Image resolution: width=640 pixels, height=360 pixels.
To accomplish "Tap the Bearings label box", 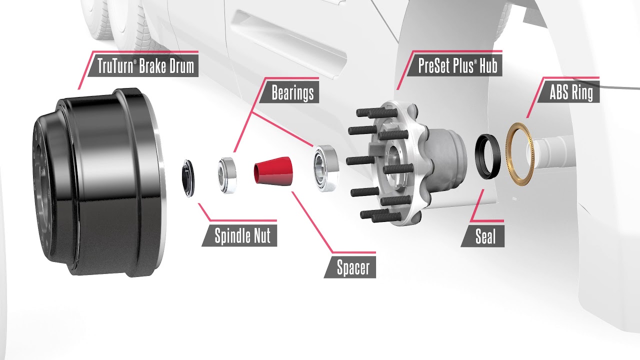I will pyautogui.click(x=293, y=92).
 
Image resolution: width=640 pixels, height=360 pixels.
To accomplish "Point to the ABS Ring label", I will pyautogui.click(x=571, y=92).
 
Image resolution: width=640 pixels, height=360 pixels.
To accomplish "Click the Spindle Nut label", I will pyautogui.click(x=243, y=236).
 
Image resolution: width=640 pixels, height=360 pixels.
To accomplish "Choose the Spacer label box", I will pyautogui.click(x=353, y=268).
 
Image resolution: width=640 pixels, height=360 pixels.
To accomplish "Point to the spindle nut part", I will pyautogui.click(x=189, y=177).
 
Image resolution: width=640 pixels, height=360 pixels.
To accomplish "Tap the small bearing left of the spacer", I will pyautogui.click(x=227, y=174).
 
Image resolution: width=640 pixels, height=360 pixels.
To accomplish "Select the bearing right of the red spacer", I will pyautogui.click(x=325, y=167).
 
